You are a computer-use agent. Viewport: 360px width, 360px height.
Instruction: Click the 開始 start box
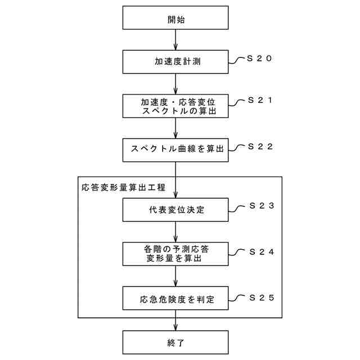[x=176, y=19]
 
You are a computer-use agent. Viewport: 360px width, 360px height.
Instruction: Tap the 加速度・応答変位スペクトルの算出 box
[x=176, y=106]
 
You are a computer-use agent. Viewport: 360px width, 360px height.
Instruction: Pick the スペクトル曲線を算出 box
[x=176, y=149]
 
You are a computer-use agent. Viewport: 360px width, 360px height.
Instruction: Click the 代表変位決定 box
[x=176, y=210]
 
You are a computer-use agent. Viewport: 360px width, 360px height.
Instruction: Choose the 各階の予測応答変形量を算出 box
[x=176, y=254]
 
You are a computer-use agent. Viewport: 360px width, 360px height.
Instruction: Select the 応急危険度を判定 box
[x=176, y=298]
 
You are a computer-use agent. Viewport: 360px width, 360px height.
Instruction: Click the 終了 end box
[x=176, y=341]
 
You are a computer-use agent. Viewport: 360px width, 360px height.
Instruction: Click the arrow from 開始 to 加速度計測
[x=176, y=40]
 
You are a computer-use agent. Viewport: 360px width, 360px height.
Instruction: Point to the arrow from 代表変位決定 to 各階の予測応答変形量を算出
[x=176, y=232]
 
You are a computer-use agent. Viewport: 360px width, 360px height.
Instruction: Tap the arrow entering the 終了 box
[x=176, y=323]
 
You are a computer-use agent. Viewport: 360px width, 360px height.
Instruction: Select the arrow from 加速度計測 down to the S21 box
[x=176, y=84]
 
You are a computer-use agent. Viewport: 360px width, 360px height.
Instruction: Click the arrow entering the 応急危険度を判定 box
[x=176, y=276]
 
